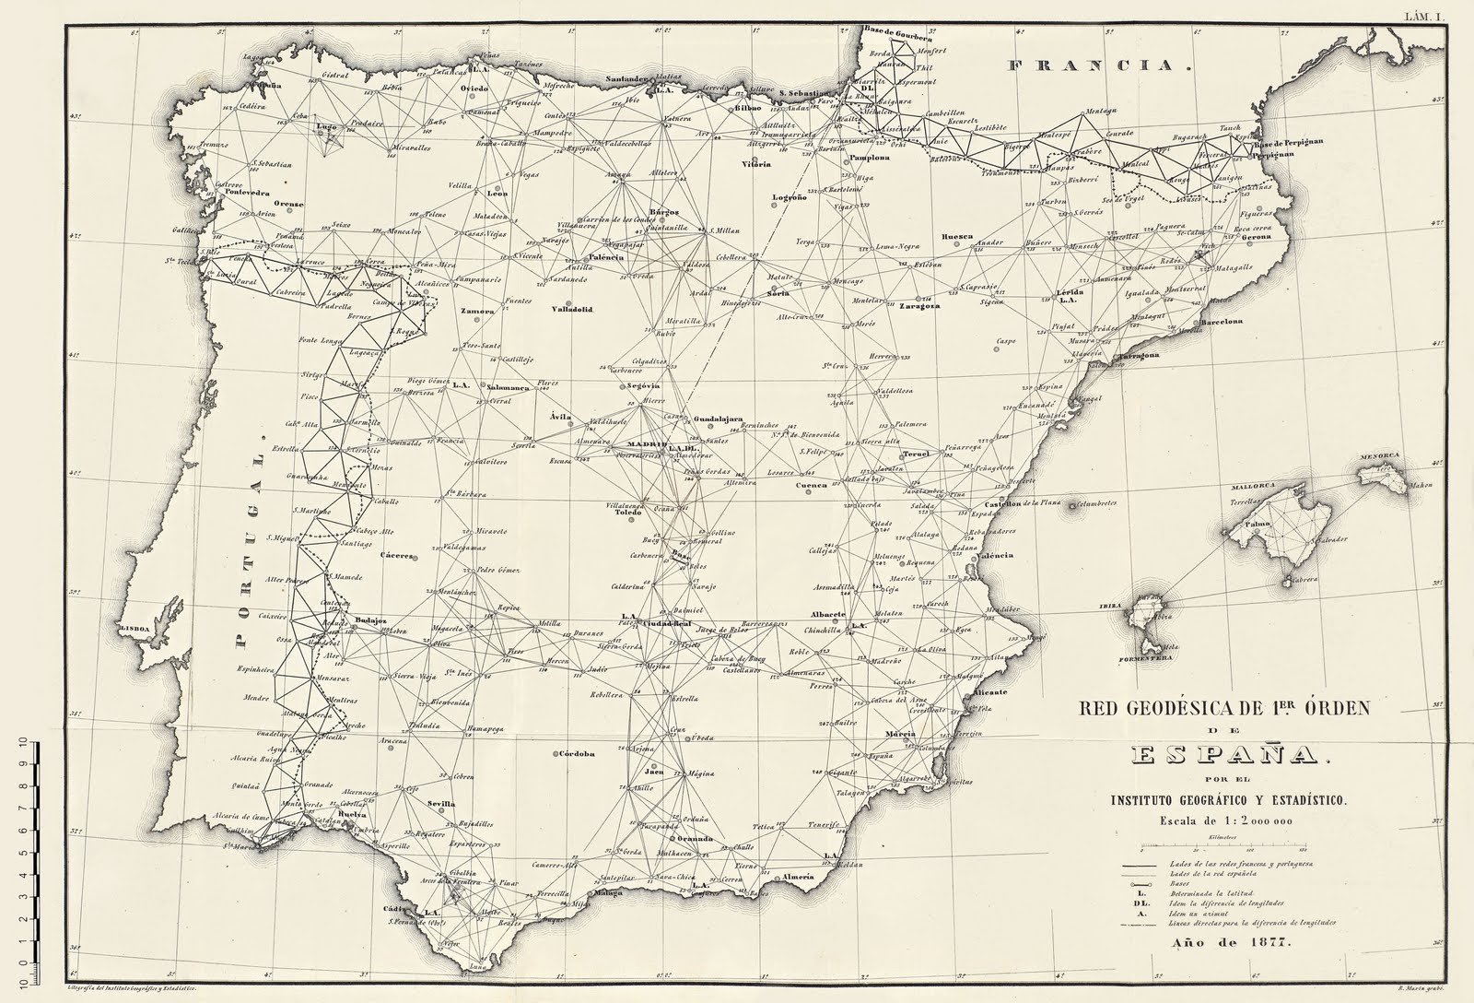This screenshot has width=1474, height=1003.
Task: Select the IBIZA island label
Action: pos(1110,607)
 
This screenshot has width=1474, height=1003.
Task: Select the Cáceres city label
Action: pos(397,556)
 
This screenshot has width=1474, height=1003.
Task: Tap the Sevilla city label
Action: pos(442,803)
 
